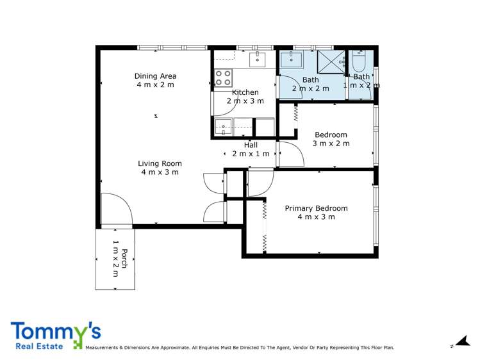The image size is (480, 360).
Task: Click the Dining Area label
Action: (x=155, y=76)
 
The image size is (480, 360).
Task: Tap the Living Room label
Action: (x=160, y=163)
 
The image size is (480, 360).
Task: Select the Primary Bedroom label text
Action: (x=316, y=208)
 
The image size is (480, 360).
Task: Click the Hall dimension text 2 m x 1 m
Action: (x=251, y=154)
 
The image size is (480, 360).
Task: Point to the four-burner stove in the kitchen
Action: (x=223, y=78)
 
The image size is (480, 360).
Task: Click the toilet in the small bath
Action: (x=358, y=62)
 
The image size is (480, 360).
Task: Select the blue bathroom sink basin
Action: (x=292, y=60)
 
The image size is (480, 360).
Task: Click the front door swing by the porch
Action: (x=116, y=209)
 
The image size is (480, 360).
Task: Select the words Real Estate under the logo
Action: (x=37, y=346)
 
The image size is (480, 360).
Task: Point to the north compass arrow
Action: (x=459, y=342)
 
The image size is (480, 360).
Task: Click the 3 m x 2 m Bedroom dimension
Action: (x=331, y=143)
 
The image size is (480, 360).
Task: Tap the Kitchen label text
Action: (x=245, y=92)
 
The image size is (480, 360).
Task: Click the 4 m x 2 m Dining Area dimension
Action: (x=155, y=85)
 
